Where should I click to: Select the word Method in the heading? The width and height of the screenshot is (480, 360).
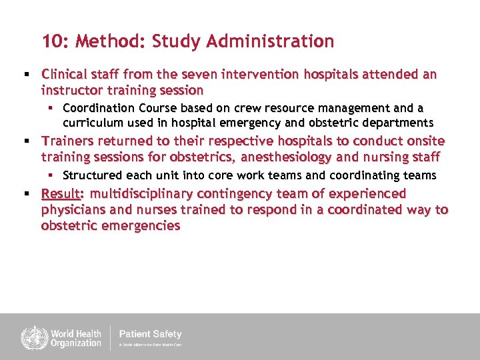tap(111, 41)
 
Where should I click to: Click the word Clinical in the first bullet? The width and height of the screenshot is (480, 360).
tap(64, 75)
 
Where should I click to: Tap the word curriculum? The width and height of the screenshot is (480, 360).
tap(93, 123)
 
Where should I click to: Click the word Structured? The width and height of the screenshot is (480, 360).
tap(91, 175)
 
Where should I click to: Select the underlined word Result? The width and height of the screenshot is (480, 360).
tap(60, 194)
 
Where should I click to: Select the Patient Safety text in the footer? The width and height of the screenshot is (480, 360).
tap(150, 334)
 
